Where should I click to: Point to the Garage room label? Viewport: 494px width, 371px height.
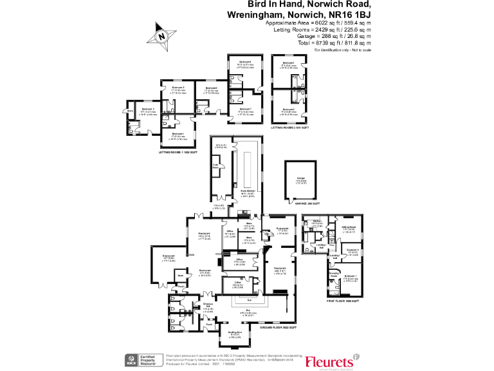(300, 180)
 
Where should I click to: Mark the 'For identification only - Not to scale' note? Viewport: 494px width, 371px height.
(342, 50)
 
